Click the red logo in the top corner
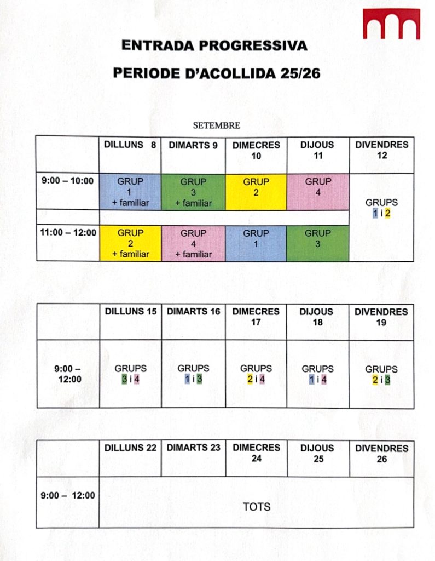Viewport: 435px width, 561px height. point(391,24)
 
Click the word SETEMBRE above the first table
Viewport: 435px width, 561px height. point(216,125)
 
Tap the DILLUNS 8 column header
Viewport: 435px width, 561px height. point(130,145)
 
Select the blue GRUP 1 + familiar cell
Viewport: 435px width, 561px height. point(130,192)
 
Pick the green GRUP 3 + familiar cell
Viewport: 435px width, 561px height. point(193,192)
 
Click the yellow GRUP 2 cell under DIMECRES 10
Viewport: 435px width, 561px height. point(256,192)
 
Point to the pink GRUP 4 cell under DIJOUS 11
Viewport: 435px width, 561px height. point(318,192)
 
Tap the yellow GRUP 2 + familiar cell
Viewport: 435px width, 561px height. point(130,243)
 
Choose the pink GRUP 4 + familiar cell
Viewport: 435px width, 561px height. point(193,243)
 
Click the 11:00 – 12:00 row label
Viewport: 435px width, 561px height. point(68,233)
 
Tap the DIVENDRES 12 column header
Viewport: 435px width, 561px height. point(381,150)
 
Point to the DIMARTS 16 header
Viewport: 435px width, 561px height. point(193,311)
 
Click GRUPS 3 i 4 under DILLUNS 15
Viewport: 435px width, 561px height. point(130,374)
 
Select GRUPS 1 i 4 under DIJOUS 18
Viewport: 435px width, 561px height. point(318,374)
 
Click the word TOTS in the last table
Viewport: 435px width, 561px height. point(256,507)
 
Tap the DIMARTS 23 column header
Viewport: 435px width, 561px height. point(193,448)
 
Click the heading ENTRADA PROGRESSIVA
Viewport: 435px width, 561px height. point(214,45)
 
